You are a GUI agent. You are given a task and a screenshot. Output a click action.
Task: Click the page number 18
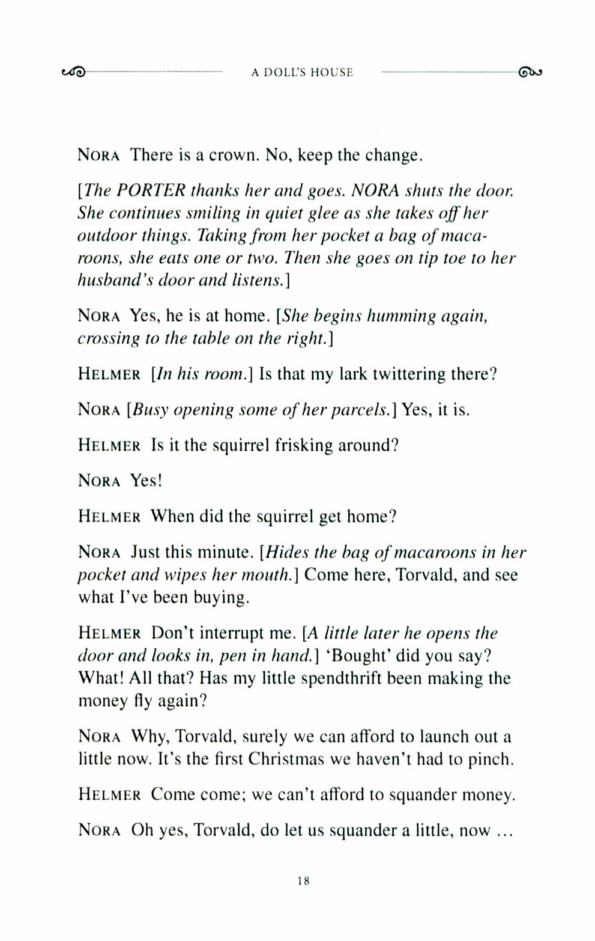tap(303, 882)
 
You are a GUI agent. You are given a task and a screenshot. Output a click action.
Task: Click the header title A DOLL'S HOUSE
tap(302, 73)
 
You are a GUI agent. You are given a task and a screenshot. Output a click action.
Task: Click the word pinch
tap(493, 759)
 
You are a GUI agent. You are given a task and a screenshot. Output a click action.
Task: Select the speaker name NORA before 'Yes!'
tap(100, 481)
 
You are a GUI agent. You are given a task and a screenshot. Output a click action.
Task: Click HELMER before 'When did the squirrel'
tap(109, 517)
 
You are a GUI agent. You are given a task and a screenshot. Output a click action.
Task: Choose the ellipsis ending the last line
tap(502, 831)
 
